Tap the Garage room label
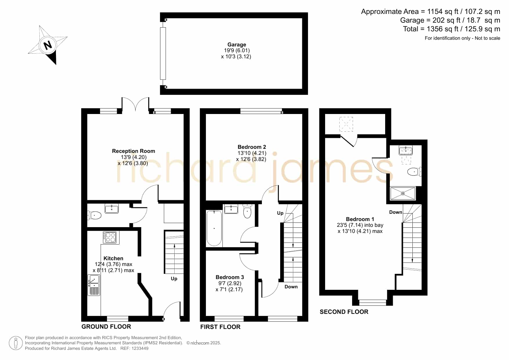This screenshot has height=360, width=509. pos(237,44)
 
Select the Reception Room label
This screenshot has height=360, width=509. pos(133,151)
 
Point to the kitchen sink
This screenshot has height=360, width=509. pos(94,285)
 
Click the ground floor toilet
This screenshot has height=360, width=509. pos(94,215)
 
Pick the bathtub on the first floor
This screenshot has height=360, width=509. pos(214,228)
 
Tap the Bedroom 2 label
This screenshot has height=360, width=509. pos(252,147)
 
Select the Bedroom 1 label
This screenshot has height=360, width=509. pos(360,219)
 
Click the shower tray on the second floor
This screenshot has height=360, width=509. pos(403,193)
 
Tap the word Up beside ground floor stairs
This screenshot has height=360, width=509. pos(174,278)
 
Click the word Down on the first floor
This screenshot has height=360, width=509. pos(291,287)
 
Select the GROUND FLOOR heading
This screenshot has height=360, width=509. pos(106,326)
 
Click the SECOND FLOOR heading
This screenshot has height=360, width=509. pos(344,312)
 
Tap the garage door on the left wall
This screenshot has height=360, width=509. pos(163,53)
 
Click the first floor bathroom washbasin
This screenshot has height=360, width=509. pos(231,209)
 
